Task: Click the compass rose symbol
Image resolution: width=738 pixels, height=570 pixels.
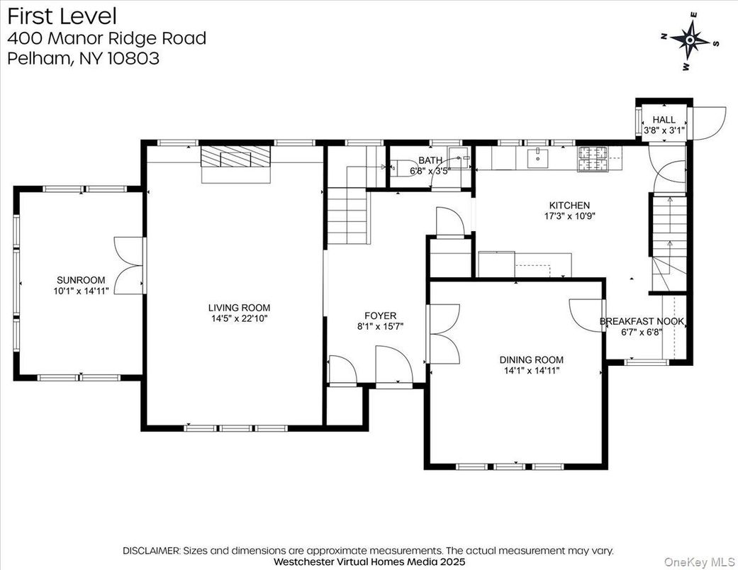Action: coord(690,40)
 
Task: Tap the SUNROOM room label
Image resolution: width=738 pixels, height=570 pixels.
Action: coord(82,279)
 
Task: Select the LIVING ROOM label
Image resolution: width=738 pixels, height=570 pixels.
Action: coord(239,308)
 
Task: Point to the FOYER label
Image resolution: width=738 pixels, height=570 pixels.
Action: coord(381,315)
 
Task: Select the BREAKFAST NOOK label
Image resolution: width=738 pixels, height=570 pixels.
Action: coord(642,321)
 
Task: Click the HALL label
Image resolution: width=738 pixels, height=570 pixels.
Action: coord(664,120)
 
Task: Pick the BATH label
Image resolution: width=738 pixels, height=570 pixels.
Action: coord(430,160)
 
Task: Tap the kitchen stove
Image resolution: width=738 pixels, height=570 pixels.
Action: coord(594,159)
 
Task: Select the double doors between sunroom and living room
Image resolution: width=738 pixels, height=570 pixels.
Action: coord(128,265)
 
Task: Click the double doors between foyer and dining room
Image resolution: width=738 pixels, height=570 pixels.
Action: coord(444,333)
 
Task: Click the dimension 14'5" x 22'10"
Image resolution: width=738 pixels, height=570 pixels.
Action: coord(239,319)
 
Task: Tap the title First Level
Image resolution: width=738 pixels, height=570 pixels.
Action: coord(62,16)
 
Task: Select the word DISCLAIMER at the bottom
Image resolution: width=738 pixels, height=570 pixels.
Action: coord(152,550)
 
